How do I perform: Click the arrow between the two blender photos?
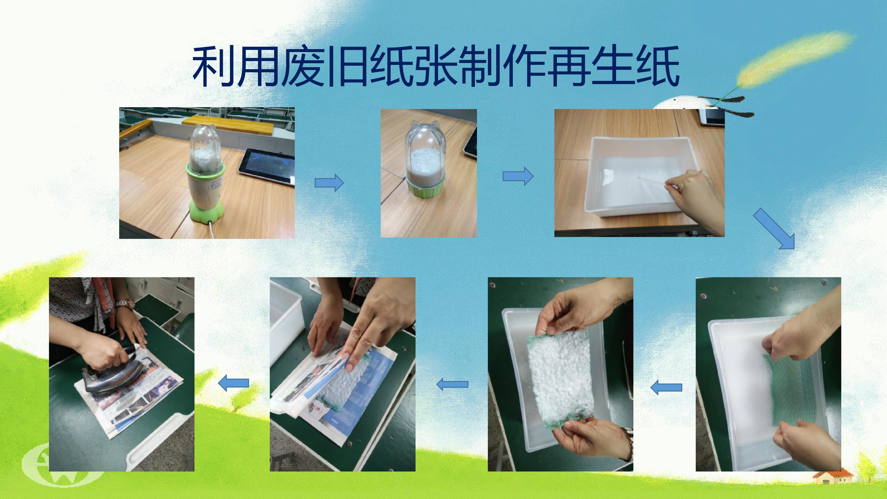click(x=329, y=182)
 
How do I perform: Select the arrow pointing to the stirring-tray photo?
click(x=518, y=176)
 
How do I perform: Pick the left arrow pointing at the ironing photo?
click(x=234, y=383)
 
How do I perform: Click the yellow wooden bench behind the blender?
click(x=227, y=124)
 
